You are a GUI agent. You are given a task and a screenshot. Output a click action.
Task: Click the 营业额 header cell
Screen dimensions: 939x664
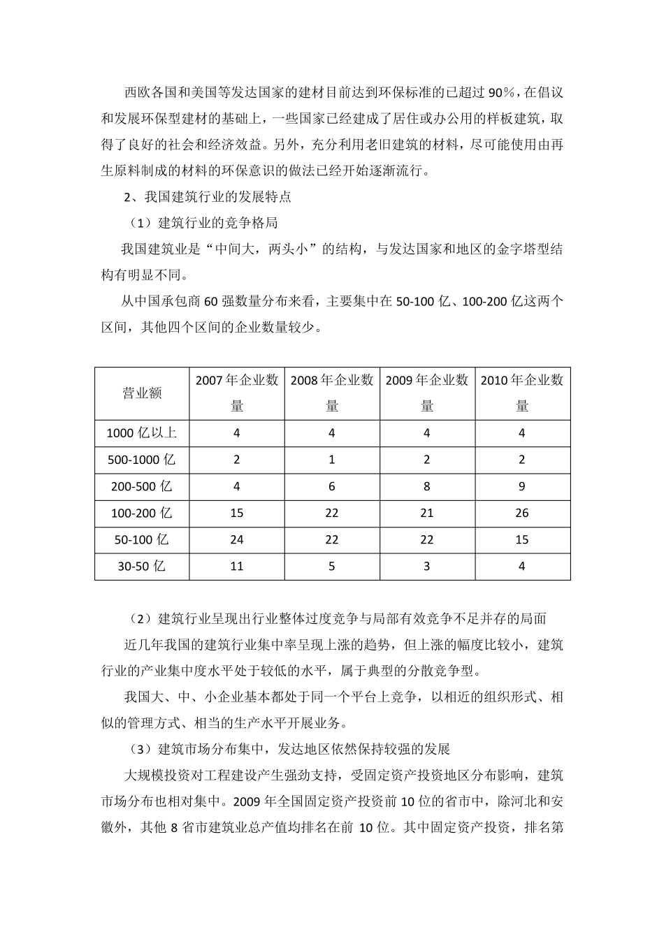tap(142, 393)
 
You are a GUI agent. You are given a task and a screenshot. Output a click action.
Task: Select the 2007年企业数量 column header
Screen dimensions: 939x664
tap(237, 393)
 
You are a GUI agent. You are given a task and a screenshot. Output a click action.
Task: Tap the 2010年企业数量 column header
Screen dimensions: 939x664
tap(522, 393)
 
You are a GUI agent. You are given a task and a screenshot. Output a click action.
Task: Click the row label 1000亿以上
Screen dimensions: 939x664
tap(142, 433)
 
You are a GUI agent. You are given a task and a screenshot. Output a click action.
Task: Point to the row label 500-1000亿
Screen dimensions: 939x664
tap(142, 460)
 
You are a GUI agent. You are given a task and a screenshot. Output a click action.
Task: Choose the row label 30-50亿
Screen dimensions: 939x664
tap(142, 566)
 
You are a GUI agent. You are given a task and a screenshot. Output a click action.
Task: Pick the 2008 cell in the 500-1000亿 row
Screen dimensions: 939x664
tap(332, 460)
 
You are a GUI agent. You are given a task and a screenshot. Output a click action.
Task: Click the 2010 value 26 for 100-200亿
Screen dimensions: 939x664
tap(522, 513)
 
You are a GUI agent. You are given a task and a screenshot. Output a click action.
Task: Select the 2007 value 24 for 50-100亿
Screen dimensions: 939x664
tap(237, 539)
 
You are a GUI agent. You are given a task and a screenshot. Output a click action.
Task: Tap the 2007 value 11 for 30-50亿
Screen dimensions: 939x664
tap(237, 566)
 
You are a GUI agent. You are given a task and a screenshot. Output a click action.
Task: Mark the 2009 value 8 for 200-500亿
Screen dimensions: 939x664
tap(427, 486)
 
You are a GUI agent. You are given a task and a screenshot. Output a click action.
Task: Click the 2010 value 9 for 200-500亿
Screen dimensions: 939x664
tap(522, 486)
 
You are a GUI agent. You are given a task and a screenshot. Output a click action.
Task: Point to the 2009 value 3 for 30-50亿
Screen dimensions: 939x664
tap(427, 566)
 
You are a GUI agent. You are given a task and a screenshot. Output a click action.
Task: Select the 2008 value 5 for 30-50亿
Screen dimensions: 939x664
tap(332, 566)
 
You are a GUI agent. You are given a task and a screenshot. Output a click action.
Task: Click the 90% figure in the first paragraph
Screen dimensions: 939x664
tap(501, 92)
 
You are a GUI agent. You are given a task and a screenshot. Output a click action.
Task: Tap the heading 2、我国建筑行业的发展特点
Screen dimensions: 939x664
tap(208, 197)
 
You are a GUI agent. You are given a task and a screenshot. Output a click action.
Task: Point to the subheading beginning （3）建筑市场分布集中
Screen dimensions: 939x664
tap(289, 749)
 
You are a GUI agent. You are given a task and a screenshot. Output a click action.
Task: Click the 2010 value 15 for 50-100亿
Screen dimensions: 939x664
tap(522, 539)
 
